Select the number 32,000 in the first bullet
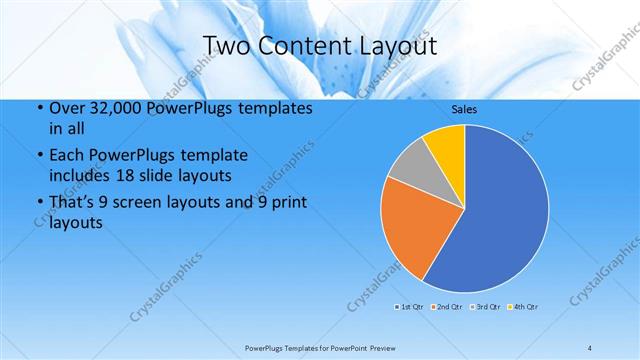coord(108,108)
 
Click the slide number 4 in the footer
coord(590,347)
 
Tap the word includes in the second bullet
coord(79,175)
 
